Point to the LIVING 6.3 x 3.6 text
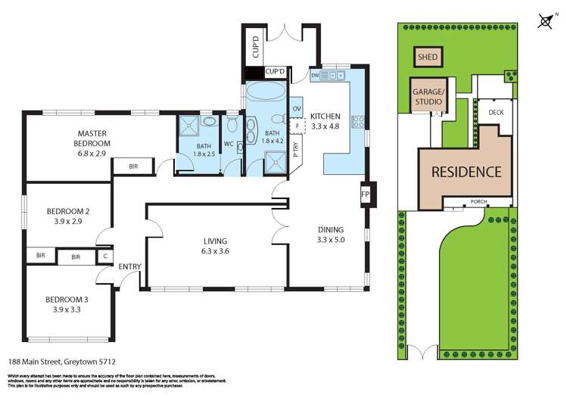215,246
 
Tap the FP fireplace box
365,194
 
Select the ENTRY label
129,266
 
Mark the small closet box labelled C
105,257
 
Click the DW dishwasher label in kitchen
314,76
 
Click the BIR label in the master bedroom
133,166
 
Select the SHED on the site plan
428,57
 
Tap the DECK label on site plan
496,113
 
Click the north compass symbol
544,20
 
